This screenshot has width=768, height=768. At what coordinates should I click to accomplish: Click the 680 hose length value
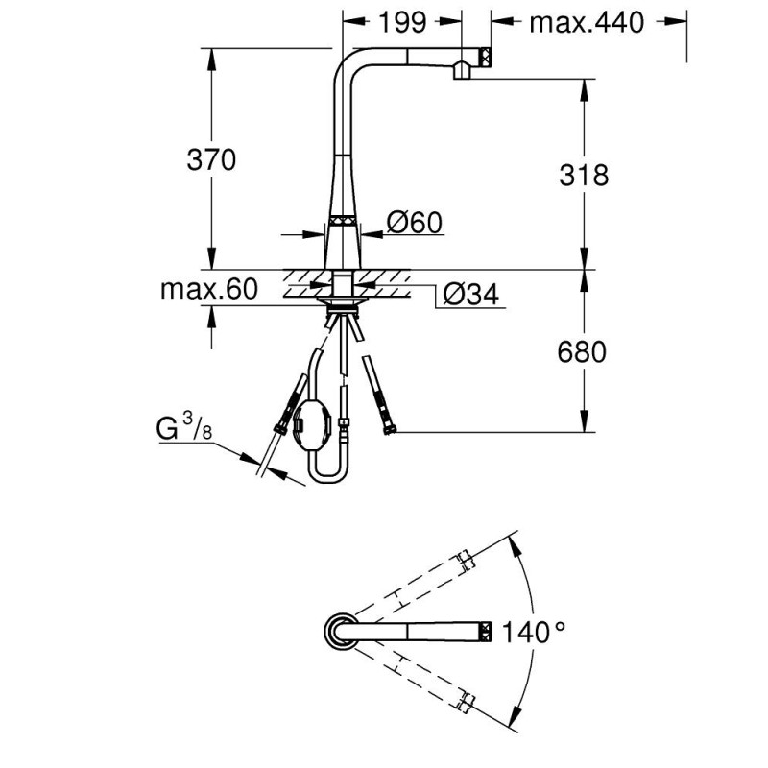click(x=583, y=352)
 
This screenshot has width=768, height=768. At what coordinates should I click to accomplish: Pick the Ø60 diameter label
click(x=414, y=224)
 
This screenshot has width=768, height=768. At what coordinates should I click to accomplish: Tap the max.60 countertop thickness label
click(x=209, y=290)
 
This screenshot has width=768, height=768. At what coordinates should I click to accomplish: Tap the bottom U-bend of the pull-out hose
click(x=326, y=477)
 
